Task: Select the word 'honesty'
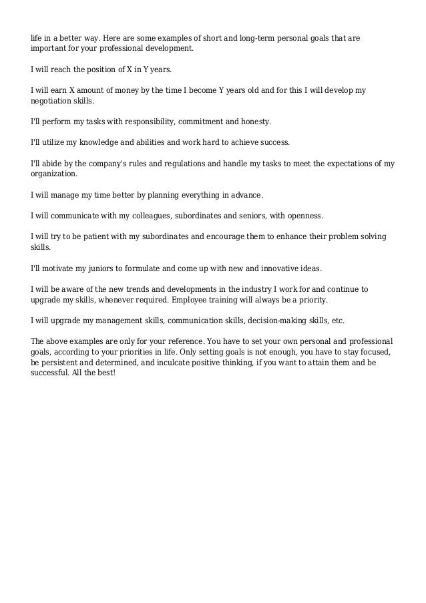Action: [253, 122]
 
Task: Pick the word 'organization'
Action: [53, 173]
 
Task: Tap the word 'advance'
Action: [244, 195]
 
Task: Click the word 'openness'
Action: [304, 216]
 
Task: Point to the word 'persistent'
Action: [61, 361]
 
